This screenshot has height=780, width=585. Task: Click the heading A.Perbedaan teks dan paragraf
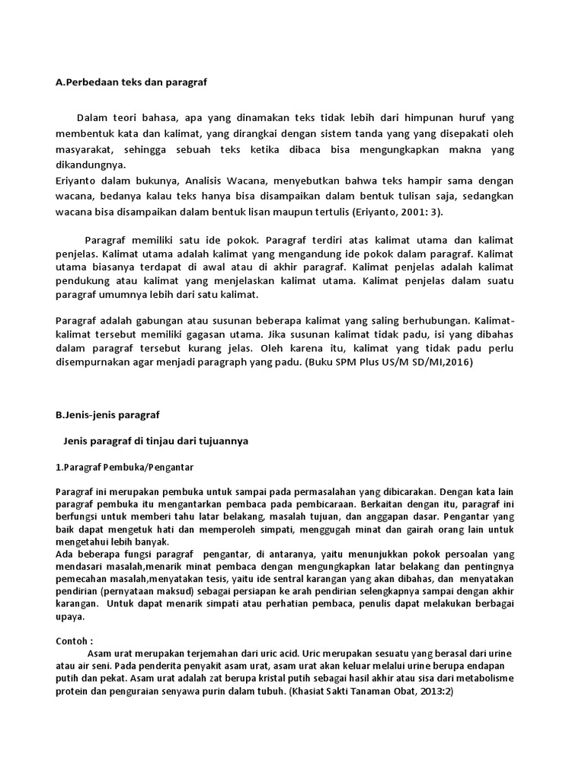[x=132, y=82]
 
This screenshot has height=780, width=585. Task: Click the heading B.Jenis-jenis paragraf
[x=108, y=415]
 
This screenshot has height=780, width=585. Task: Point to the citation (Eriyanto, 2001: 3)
[x=402, y=212]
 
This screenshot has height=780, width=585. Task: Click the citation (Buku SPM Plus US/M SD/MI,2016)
[x=388, y=363]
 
